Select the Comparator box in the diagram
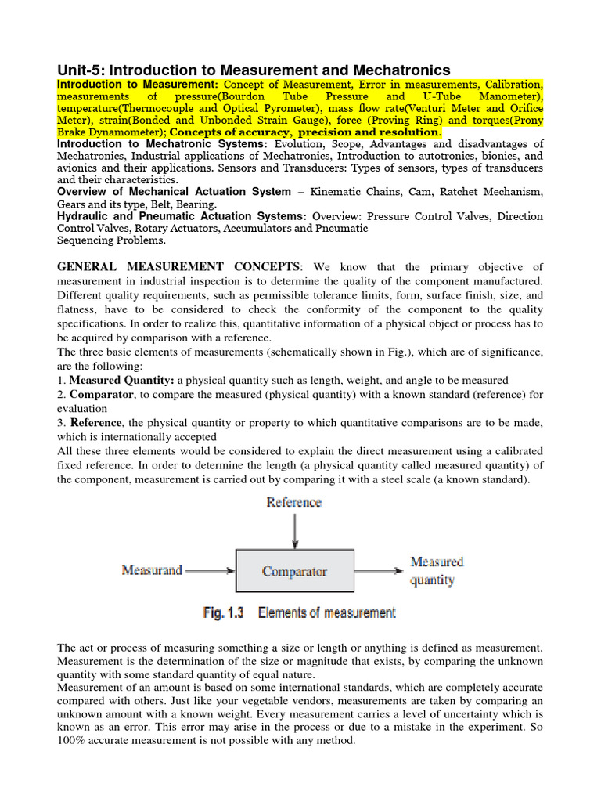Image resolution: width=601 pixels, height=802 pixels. [294, 571]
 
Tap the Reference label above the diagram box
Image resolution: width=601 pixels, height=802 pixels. [293, 502]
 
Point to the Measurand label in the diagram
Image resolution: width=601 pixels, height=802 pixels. [152, 569]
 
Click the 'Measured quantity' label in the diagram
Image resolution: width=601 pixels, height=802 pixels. [437, 571]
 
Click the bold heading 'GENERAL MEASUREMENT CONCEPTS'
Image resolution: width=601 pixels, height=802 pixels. [178, 267]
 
